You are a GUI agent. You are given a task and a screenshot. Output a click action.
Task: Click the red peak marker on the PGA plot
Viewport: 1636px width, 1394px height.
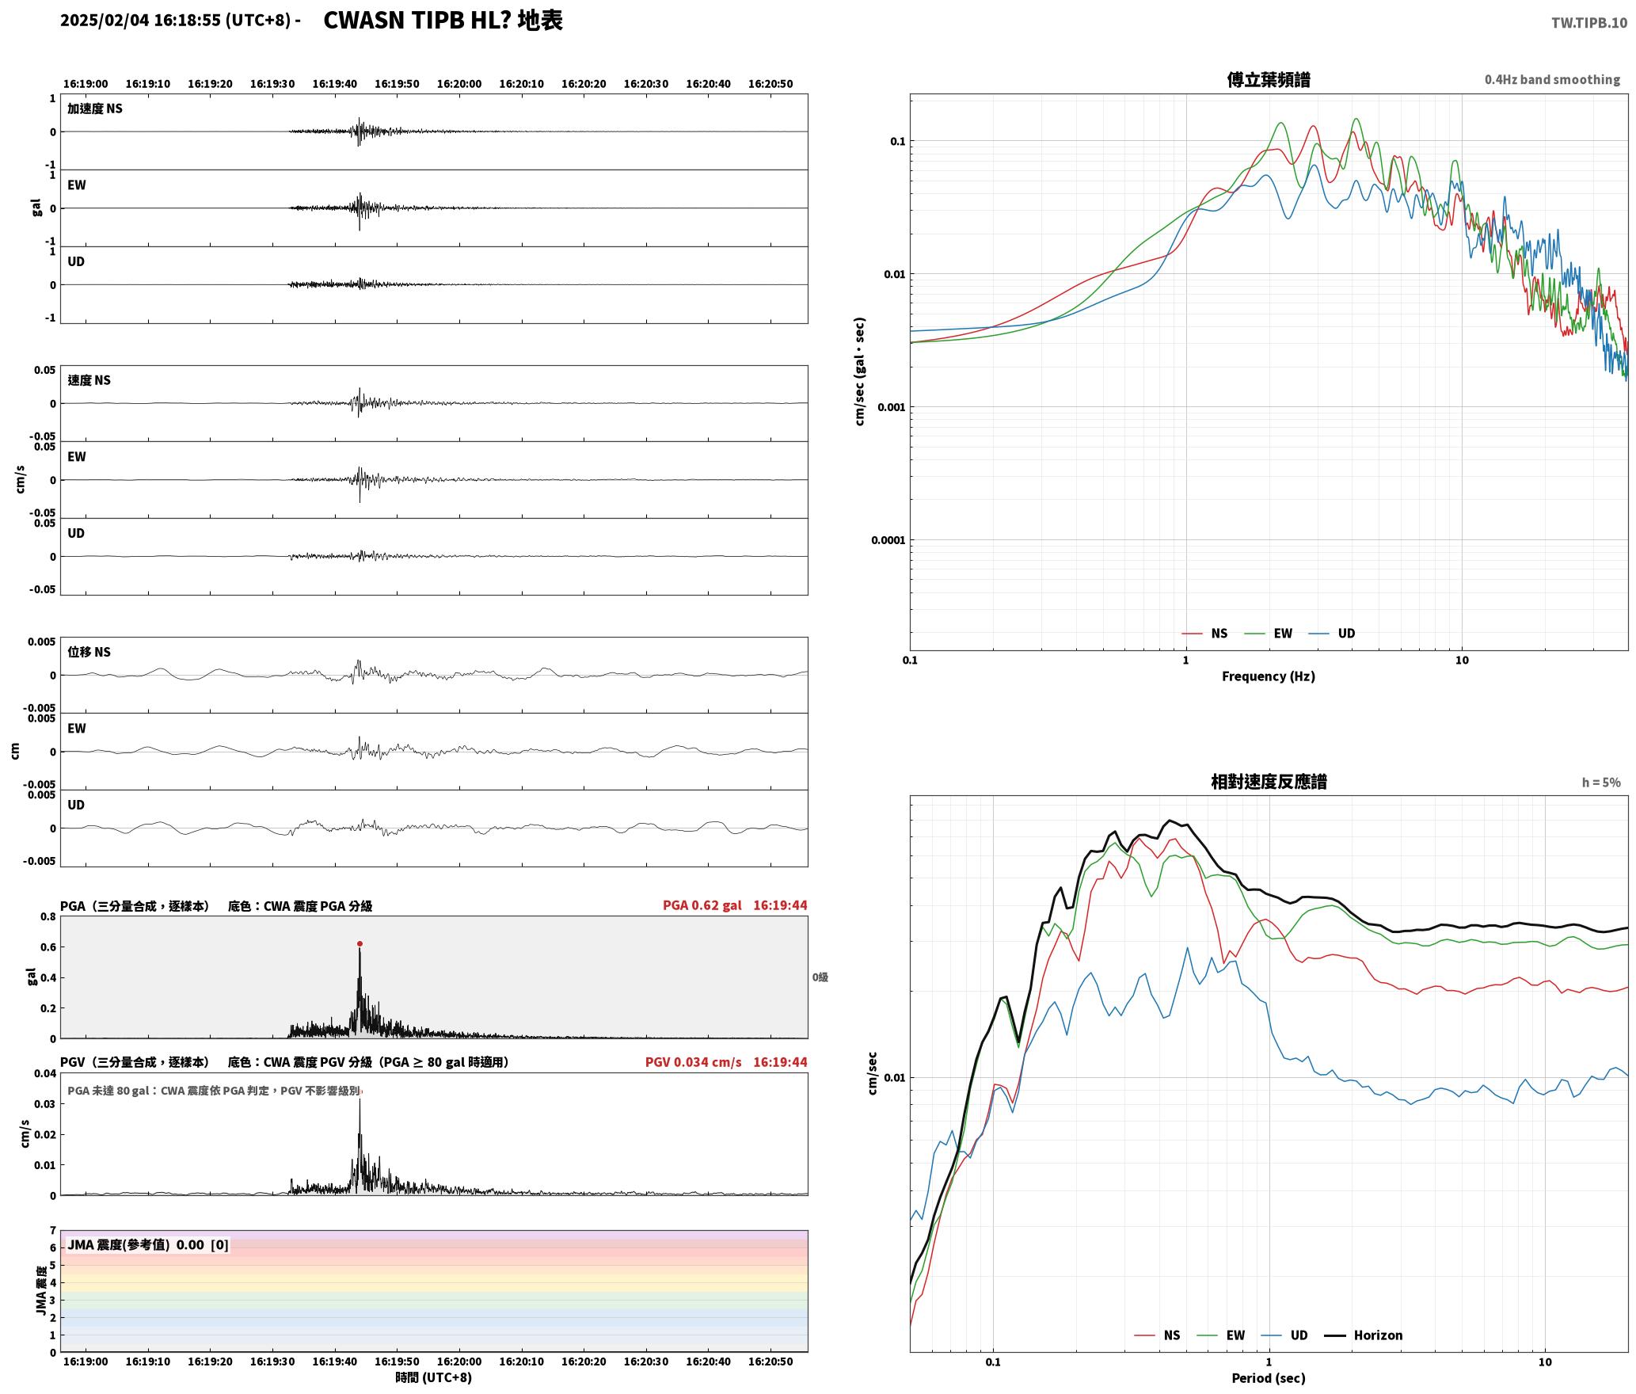point(360,943)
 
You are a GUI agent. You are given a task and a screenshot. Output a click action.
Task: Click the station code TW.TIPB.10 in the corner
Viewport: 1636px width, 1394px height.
point(1588,23)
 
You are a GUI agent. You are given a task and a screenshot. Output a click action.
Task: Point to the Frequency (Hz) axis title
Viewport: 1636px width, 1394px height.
point(1268,676)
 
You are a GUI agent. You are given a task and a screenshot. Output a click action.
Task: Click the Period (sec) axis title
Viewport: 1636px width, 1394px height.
point(1268,1378)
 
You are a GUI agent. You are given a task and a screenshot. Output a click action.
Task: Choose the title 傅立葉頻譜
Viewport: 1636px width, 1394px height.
point(1268,79)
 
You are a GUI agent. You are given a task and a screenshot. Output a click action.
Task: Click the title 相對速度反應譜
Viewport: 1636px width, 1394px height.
point(1269,782)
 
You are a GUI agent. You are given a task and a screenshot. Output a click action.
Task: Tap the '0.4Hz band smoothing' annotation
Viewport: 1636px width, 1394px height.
point(1552,79)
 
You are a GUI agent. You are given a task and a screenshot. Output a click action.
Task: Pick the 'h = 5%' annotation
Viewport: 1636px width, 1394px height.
point(1601,783)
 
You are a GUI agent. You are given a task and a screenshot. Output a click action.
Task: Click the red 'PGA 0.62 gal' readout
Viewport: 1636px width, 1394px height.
point(702,905)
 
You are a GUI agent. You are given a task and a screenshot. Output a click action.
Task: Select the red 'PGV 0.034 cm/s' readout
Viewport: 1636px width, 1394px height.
point(693,1062)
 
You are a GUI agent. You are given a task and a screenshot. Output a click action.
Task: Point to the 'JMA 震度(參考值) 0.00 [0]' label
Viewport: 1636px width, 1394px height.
point(148,1244)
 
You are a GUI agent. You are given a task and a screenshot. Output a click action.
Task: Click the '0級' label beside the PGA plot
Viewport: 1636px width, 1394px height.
point(820,977)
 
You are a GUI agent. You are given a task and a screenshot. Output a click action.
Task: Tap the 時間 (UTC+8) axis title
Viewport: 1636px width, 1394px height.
point(433,1377)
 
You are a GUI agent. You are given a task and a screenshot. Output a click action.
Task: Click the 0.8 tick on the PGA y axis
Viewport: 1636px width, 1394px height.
point(48,917)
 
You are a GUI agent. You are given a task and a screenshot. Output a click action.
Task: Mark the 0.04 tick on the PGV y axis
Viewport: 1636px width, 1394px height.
point(46,1074)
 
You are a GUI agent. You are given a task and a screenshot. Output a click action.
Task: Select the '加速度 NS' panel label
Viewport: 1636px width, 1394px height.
point(95,109)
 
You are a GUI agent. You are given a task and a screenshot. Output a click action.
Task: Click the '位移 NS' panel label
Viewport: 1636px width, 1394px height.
point(89,652)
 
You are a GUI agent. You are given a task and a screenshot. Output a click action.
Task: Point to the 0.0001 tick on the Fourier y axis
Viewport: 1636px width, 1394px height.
point(887,540)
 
